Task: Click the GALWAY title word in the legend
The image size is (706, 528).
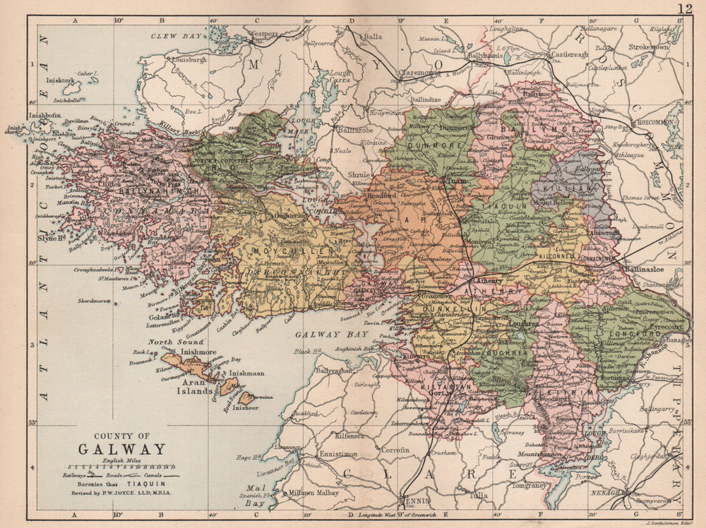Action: click(x=121, y=449)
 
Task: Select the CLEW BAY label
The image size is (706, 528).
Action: click(x=173, y=35)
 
